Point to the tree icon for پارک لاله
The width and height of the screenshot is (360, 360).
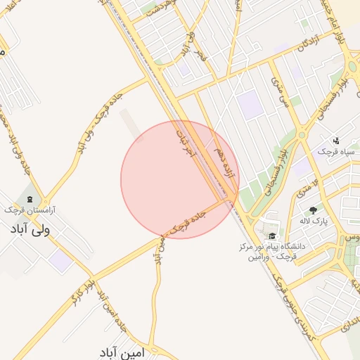coord(312,209)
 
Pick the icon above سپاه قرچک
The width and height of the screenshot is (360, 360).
coord(336,141)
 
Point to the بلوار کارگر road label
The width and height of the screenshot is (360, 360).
coord(82,290)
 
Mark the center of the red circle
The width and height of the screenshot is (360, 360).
coord(180,179)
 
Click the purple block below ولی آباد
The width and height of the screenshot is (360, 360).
coord(60,261)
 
